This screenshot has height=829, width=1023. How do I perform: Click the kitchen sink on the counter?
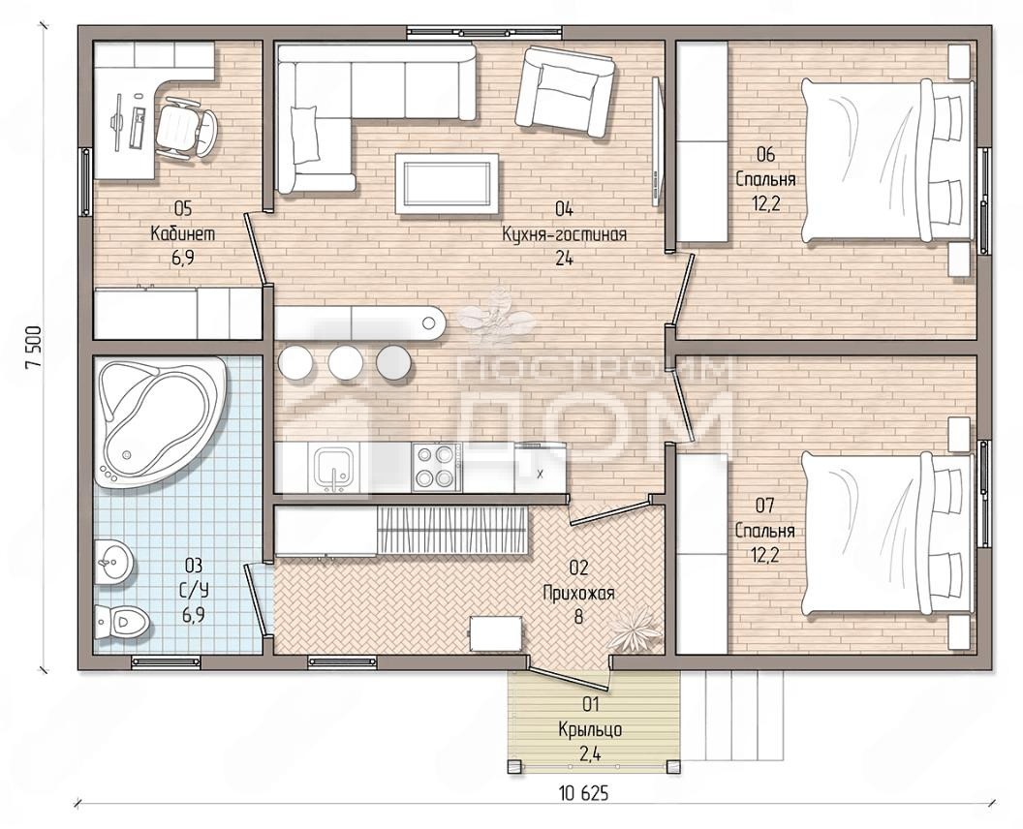point(334,467)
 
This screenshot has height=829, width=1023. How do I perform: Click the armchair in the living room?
point(565,90)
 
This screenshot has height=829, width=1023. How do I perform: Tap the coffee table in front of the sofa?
point(447,183)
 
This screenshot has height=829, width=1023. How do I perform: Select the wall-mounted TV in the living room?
point(658,139)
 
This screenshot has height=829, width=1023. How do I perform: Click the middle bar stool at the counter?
point(345,362)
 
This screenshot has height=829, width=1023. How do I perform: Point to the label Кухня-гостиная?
point(565,234)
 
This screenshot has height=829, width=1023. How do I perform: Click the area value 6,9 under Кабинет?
point(183,259)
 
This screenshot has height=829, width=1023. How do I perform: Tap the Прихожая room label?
point(578,593)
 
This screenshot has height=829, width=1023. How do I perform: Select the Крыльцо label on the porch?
point(590,729)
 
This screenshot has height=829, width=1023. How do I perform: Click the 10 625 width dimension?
point(584,793)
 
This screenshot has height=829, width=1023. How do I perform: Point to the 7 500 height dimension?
point(33,347)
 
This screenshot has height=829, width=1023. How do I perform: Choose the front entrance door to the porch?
point(569,675)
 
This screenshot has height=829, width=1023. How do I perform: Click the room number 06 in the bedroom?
point(765,155)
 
